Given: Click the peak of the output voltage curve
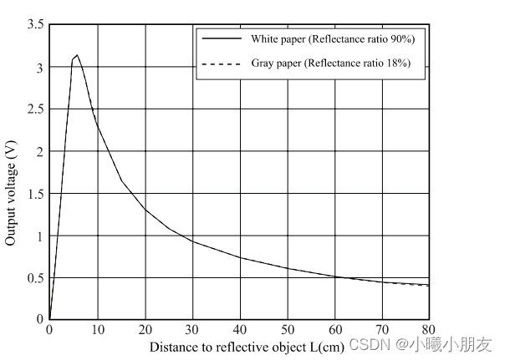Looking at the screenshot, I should pyautogui.click(x=78, y=55).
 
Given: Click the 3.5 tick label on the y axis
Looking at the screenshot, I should pyautogui.click(x=35, y=25).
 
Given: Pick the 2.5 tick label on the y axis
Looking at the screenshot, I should pyautogui.click(x=35, y=109).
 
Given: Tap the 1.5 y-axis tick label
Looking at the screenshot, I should pyautogui.click(x=35, y=194).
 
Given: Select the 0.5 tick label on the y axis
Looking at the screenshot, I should pyautogui.click(x=35, y=278).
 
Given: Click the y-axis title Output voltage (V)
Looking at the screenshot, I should pyautogui.click(x=11, y=191).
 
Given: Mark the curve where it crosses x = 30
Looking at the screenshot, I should pyautogui.click(x=192, y=241).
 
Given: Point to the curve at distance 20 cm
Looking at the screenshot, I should pyautogui.click(x=145, y=209).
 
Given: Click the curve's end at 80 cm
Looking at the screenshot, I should pyautogui.click(x=430, y=286).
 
